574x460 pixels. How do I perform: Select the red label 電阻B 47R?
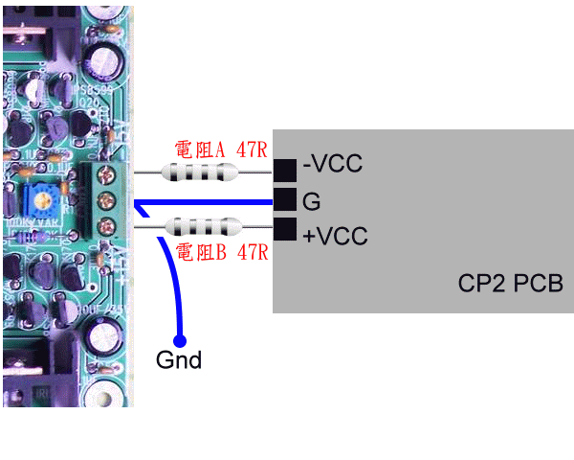pyautogui.click(x=220, y=253)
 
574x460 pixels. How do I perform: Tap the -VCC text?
pyautogui.click(x=332, y=165)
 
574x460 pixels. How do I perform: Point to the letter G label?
pyautogui.click(x=311, y=201)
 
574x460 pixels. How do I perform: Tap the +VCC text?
pyautogui.click(x=335, y=235)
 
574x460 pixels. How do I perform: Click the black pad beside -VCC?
pyautogui.click(x=285, y=170)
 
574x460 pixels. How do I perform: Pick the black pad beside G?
pyautogui.click(x=285, y=199)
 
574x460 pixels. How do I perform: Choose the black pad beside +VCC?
pyautogui.click(x=285, y=230)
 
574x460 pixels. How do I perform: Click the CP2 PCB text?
pyautogui.click(x=511, y=286)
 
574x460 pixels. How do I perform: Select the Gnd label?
pyautogui.click(x=179, y=361)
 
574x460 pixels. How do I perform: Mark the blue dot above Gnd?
pyautogui.click(x=180, y=339)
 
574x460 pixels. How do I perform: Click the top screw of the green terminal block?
pyautogui.click(x=107, y=173)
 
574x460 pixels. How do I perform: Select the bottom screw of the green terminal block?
pyautogui.click(x=107, y=227)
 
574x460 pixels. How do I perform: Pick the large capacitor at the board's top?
pyautogui.click(x=104, y=56)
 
